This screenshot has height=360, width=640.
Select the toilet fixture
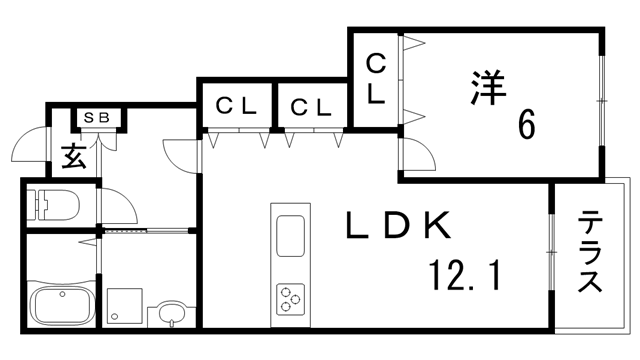click(x=51, y=205)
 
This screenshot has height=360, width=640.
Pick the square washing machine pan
click(x=126, y=304)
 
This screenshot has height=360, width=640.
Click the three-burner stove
click(x=291, y=298)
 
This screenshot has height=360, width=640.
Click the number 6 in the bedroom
click(x=525, y=127)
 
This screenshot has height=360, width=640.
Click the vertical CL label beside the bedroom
click(x=375, y=79)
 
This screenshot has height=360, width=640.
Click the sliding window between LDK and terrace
click(x=551, y=254)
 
